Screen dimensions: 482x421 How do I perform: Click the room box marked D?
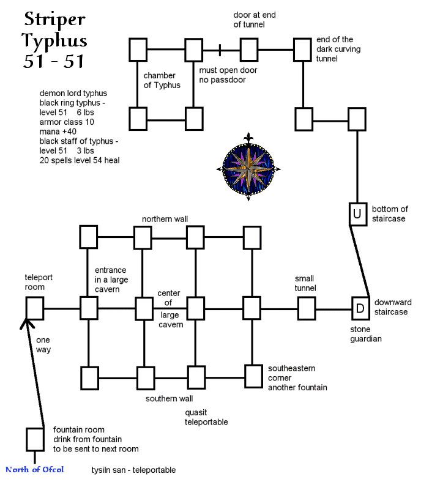coord(360,308)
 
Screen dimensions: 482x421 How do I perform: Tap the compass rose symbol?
coord(248,167)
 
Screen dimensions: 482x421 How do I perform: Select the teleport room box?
coord(35,308)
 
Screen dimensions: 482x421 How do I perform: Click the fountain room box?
coord(34,439)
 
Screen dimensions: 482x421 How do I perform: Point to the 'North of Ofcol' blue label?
coord(35,470)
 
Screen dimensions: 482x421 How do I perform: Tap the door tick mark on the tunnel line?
coord(220,50)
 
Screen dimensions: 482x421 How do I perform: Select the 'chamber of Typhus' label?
coord(162,80)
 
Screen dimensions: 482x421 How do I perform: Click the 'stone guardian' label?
coord(366,333)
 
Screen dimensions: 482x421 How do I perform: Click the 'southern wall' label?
coord(169,399)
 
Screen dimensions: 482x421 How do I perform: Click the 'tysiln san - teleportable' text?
coord(133,470)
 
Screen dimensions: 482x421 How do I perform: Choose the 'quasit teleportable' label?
coord(206,417)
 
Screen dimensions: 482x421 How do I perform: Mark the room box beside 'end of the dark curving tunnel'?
coord(303,50)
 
